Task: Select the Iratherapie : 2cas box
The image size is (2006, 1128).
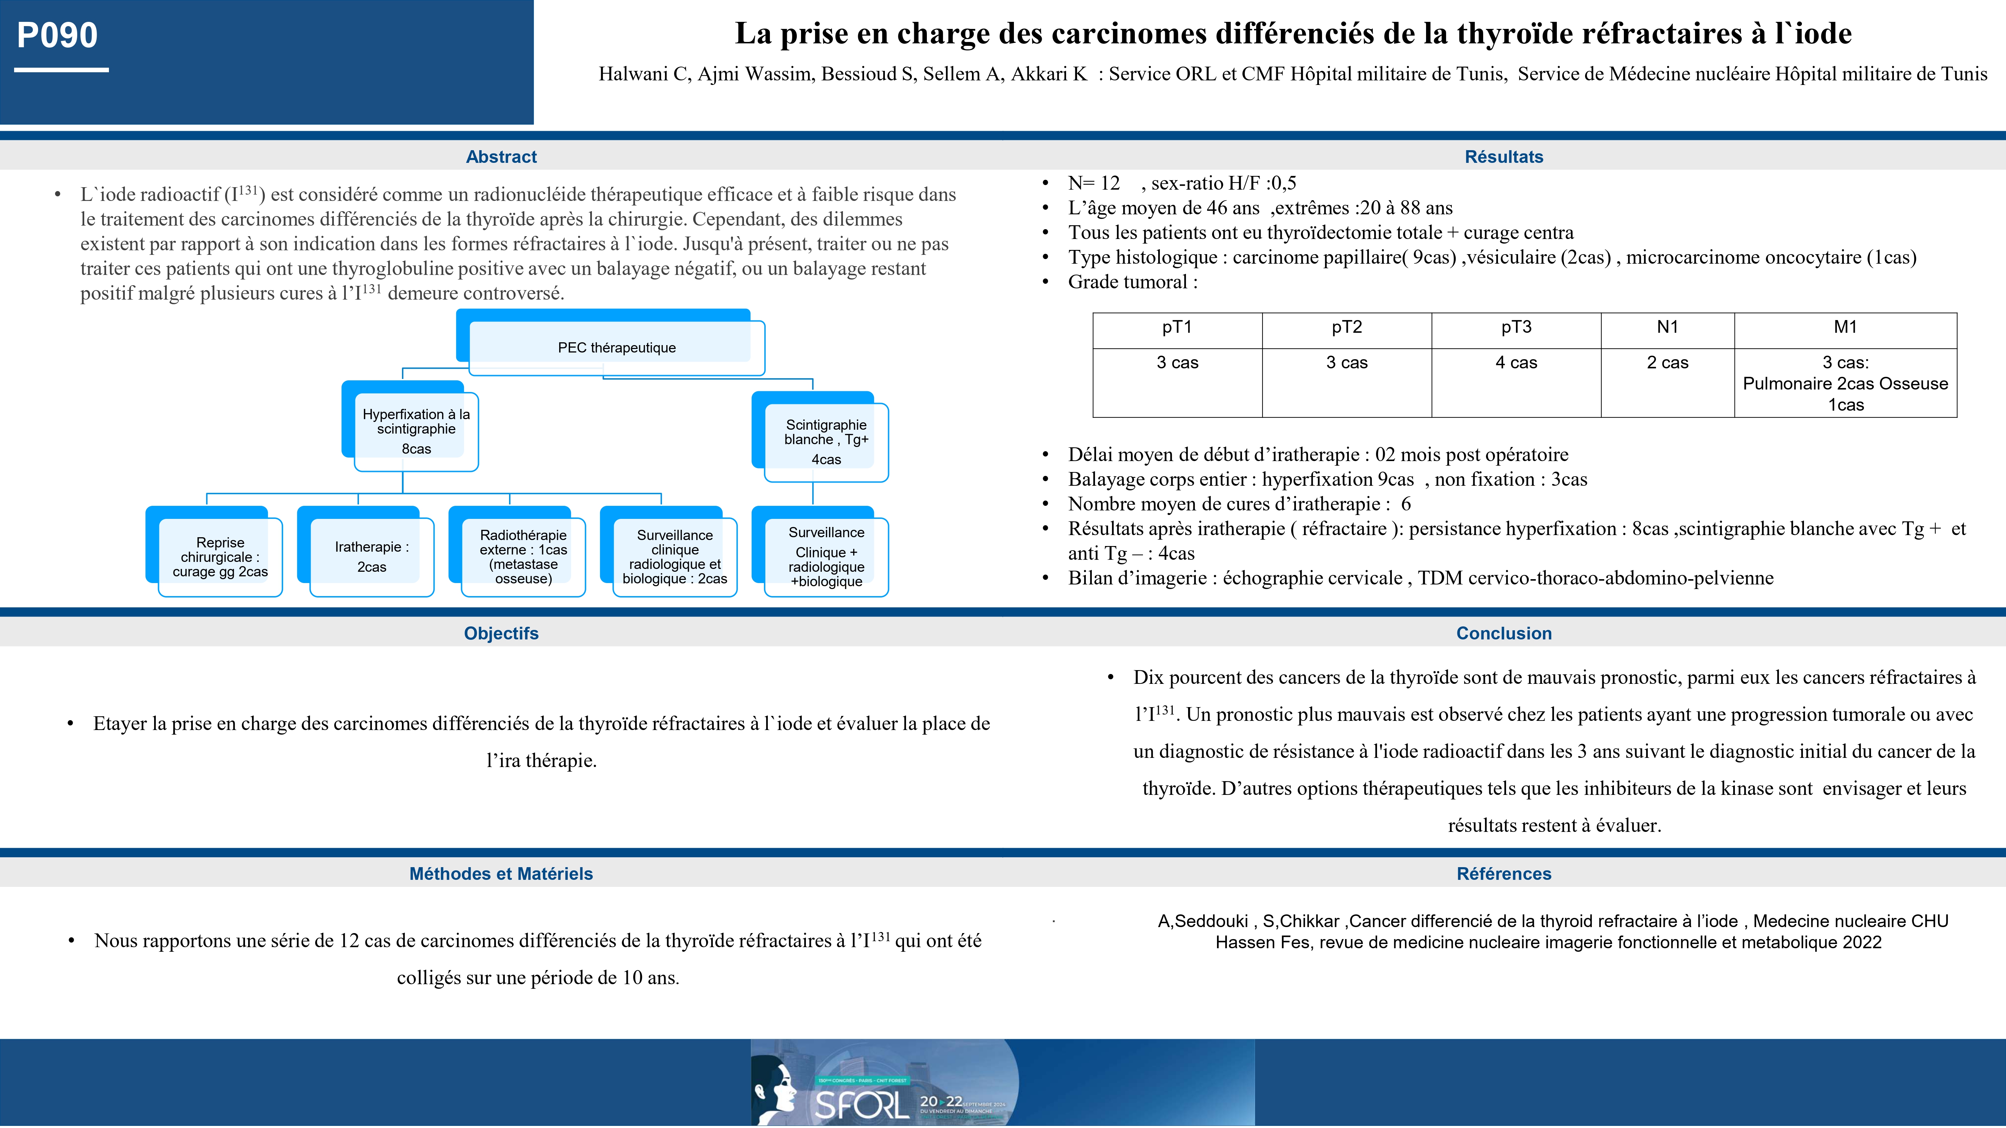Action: point(372,557)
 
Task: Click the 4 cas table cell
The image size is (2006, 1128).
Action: point(1516,363)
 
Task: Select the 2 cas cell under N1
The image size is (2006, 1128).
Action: point(1667,363)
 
